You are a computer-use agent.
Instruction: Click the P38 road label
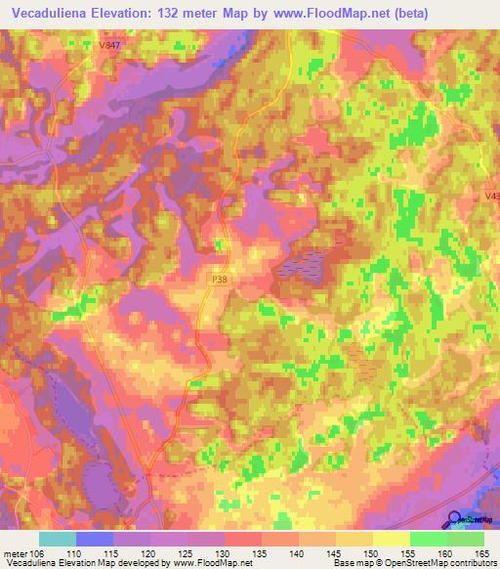[221, 279]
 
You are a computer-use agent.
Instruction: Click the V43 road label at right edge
[491, 197]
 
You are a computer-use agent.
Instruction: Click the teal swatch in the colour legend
[58, 538]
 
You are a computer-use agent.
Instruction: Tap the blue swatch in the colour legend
[95, 538]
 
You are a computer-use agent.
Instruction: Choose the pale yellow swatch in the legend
[392, 538]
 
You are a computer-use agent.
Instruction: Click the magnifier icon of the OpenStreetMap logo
[456, 517]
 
